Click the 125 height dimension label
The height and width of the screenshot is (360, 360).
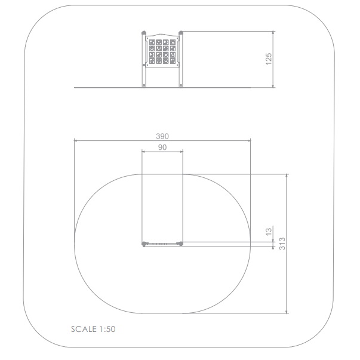click(x=269, y=59)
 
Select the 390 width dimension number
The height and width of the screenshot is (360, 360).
click(x=162, y=136)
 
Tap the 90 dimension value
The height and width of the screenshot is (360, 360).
click(x=162, y=147)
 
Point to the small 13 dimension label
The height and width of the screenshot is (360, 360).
click(x=269, y=232)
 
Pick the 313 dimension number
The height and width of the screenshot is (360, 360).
click(x=282, y=244)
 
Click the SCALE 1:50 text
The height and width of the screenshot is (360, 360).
click(x=93, y=329)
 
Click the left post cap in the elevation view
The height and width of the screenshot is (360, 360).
click(x=144, y=32)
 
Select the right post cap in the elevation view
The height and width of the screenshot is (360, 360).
click(x=181, y=32)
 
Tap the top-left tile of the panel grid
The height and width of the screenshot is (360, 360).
click(x=152, y=42)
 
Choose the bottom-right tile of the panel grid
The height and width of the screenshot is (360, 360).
click(x=173, y=61)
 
